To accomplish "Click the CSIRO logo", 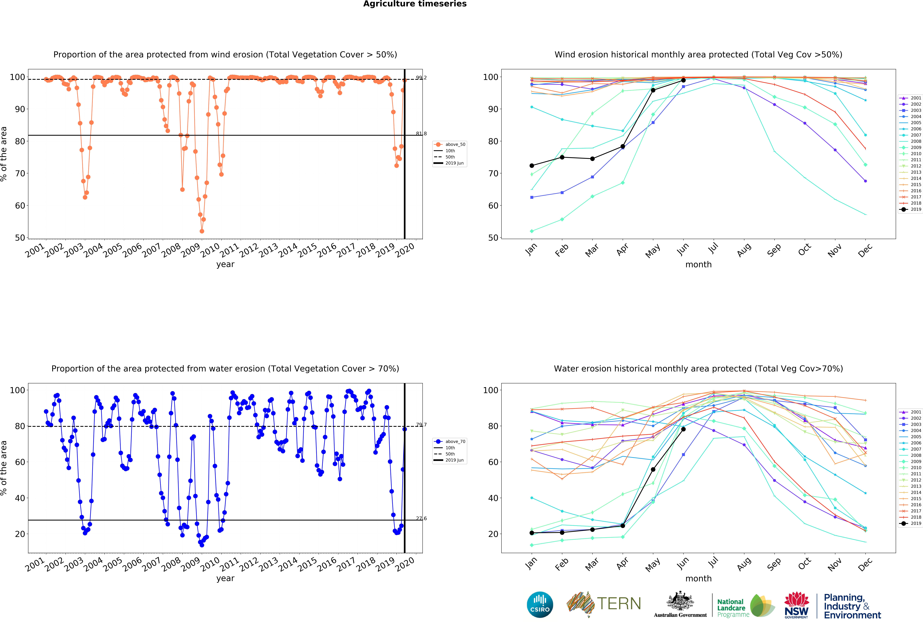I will [540, 605].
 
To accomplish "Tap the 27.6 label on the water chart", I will [421, 518].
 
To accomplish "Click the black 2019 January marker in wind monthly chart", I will [532, 166].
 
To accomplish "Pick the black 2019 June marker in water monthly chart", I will [683, 429].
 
